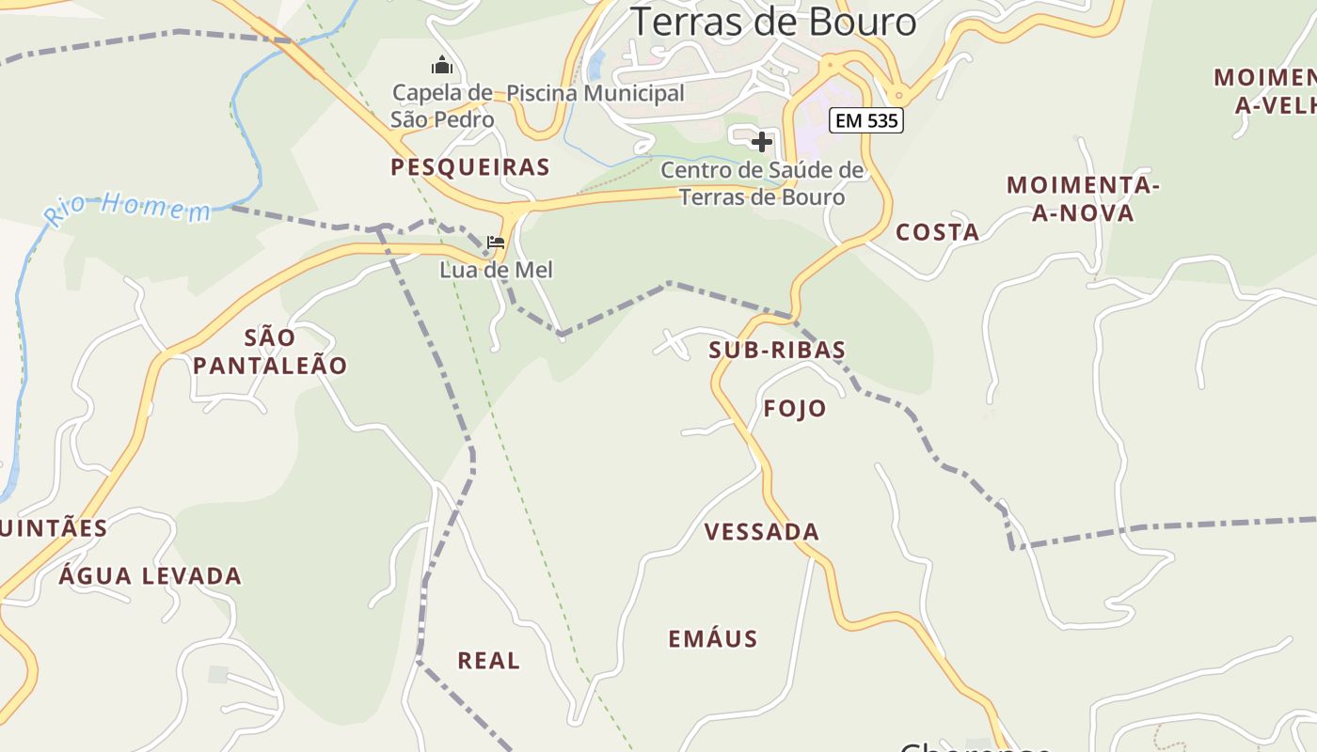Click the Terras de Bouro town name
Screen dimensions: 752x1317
[x=772, y=22]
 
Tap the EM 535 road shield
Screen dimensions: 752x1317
[x=865, y=120]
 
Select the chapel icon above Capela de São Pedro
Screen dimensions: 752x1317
[x=441, y=65]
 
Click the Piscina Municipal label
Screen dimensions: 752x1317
[x=595, y=93]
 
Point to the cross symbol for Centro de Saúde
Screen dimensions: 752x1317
[x=762, y=142]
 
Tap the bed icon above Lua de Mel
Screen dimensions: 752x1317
[x=496, y=243]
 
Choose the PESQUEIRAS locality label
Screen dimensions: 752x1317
[x=470, y=167]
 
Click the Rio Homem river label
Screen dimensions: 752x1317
[x=128, y=208]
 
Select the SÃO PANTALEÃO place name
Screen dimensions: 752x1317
[x=271, y=351]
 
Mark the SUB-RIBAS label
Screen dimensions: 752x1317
[x=777, y=350]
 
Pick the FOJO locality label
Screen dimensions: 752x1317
[x=795, y=408]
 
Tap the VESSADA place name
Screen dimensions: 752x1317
[x=762, y=532]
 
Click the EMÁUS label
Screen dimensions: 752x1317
[x=713, y=639]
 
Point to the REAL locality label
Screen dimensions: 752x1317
[x=488, y=661]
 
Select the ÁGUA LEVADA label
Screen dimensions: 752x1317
[x=151, y=575]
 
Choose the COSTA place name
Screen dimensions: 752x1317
[x=937, y=232]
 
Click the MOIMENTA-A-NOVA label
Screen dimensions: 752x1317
[x=1083, y=199]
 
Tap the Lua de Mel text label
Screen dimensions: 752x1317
[x=497, y=270]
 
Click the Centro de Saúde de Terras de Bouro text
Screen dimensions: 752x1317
[x=762, y=183]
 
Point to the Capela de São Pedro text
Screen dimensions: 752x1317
[x=442, y=106]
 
